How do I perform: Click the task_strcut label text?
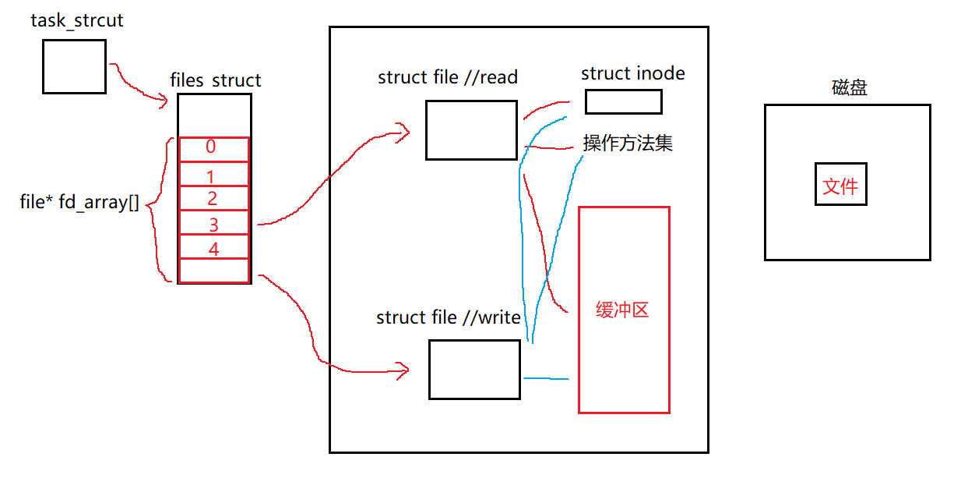[77, 21]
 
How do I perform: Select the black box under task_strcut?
[74, 66]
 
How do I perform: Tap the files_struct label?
[215, 80]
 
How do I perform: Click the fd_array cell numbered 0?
[213, 148]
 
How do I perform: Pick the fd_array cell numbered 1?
[213, 174]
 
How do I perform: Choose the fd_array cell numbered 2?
[213, 198]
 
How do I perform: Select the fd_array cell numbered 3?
[213, 223]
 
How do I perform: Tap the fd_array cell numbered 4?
[213, 248]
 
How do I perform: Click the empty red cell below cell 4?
[213, 271]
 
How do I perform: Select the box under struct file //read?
[471, 130]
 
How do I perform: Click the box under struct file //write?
[474, 370]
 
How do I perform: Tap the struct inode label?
[632, 74]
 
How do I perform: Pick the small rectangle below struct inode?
[623, 102]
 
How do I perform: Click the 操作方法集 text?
[628, 143]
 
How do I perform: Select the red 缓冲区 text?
[622, 310]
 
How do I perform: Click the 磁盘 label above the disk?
[849, 88]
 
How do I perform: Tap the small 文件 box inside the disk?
[840, 185]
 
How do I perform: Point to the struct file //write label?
[448, 317]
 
